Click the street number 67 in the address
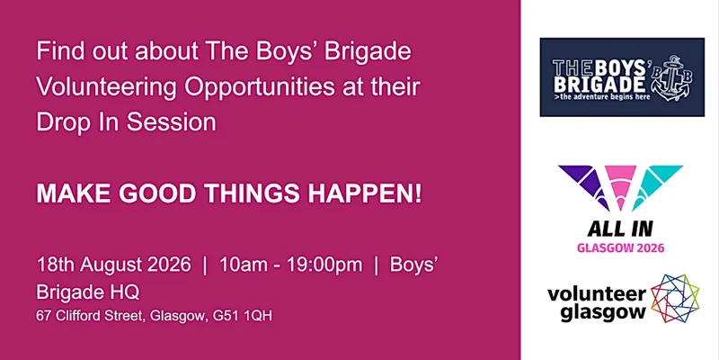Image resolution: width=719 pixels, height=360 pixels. [42, 316]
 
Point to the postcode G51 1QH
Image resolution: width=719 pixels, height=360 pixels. [243, 316]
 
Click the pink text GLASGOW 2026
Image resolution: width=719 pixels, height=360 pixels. [620, 248]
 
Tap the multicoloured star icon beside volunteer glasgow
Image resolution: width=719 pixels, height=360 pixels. [675, 299]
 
